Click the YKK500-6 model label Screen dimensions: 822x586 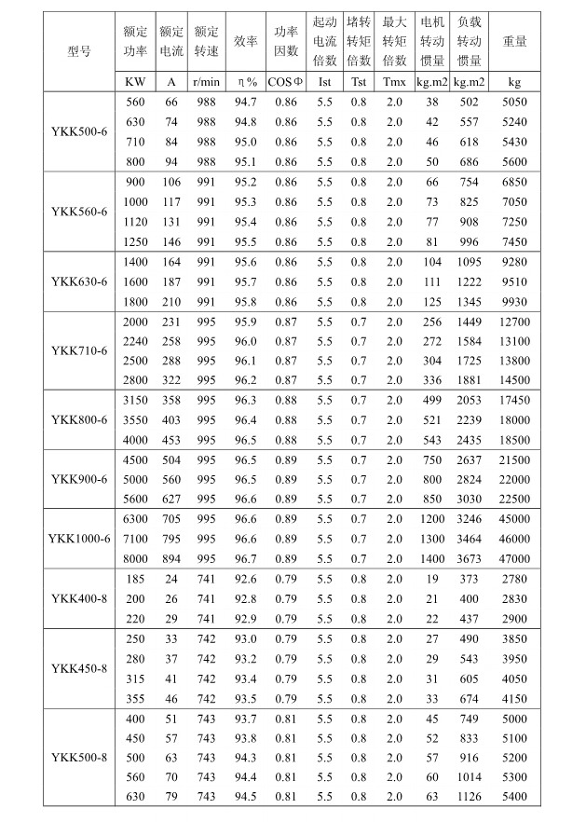click(79, 131)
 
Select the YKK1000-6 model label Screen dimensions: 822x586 click(79, 539)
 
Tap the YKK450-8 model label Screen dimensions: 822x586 click(79, 668)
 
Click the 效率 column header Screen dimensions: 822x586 click(246, 42)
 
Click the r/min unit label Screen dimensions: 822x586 click(206, 81)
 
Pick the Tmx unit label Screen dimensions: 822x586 click(394, 81)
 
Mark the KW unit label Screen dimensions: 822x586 click(135, 81)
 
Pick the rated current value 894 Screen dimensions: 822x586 click(171, 558)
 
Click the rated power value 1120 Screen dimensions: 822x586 click(135, 222)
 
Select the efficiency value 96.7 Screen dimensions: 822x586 click(246, 558)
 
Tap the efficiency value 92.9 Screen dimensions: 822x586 click(246, 619)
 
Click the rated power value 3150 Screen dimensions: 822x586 click(135, 400)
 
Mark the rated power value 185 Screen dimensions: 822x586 click(135, 579)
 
